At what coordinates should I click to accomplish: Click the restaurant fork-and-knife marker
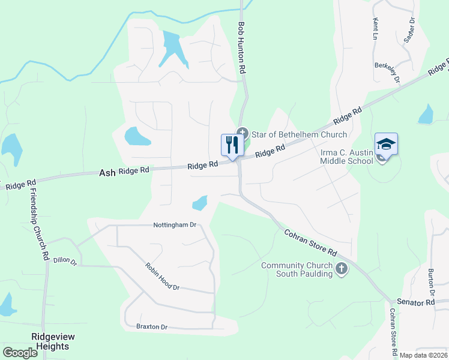pyautogui.click(x=231, y=145)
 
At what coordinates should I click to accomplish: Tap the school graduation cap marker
pyautogui.click(x=387, y=144)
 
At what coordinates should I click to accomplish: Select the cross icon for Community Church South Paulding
pyautogui.click(x=342, y=268)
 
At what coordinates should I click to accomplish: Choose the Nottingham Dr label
pyautogui.click(x=175, y=225)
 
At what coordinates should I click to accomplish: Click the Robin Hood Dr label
pyautogui.click(x=162, y=277)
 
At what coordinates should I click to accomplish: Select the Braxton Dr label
pyautogui.click(x=151, y=327)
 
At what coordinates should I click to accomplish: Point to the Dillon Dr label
pyautogui.click(x=65, y=261)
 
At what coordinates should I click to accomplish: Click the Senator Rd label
pyautogui.click(x=414, y=302)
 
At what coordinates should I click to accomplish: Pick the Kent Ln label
pyautogui.click(x=376, y=29)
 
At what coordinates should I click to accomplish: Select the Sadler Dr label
pyautogui.click(x=410, y=29)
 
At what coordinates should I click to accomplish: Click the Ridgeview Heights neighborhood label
pyautogui.click(x=50, y=341)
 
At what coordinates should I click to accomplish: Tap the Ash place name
pyautogui.click(x=107, y=173)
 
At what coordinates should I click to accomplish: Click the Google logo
pyautogui.click(x=20, y=353)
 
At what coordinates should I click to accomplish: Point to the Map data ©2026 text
pyautogui.click(x=424, y=355)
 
